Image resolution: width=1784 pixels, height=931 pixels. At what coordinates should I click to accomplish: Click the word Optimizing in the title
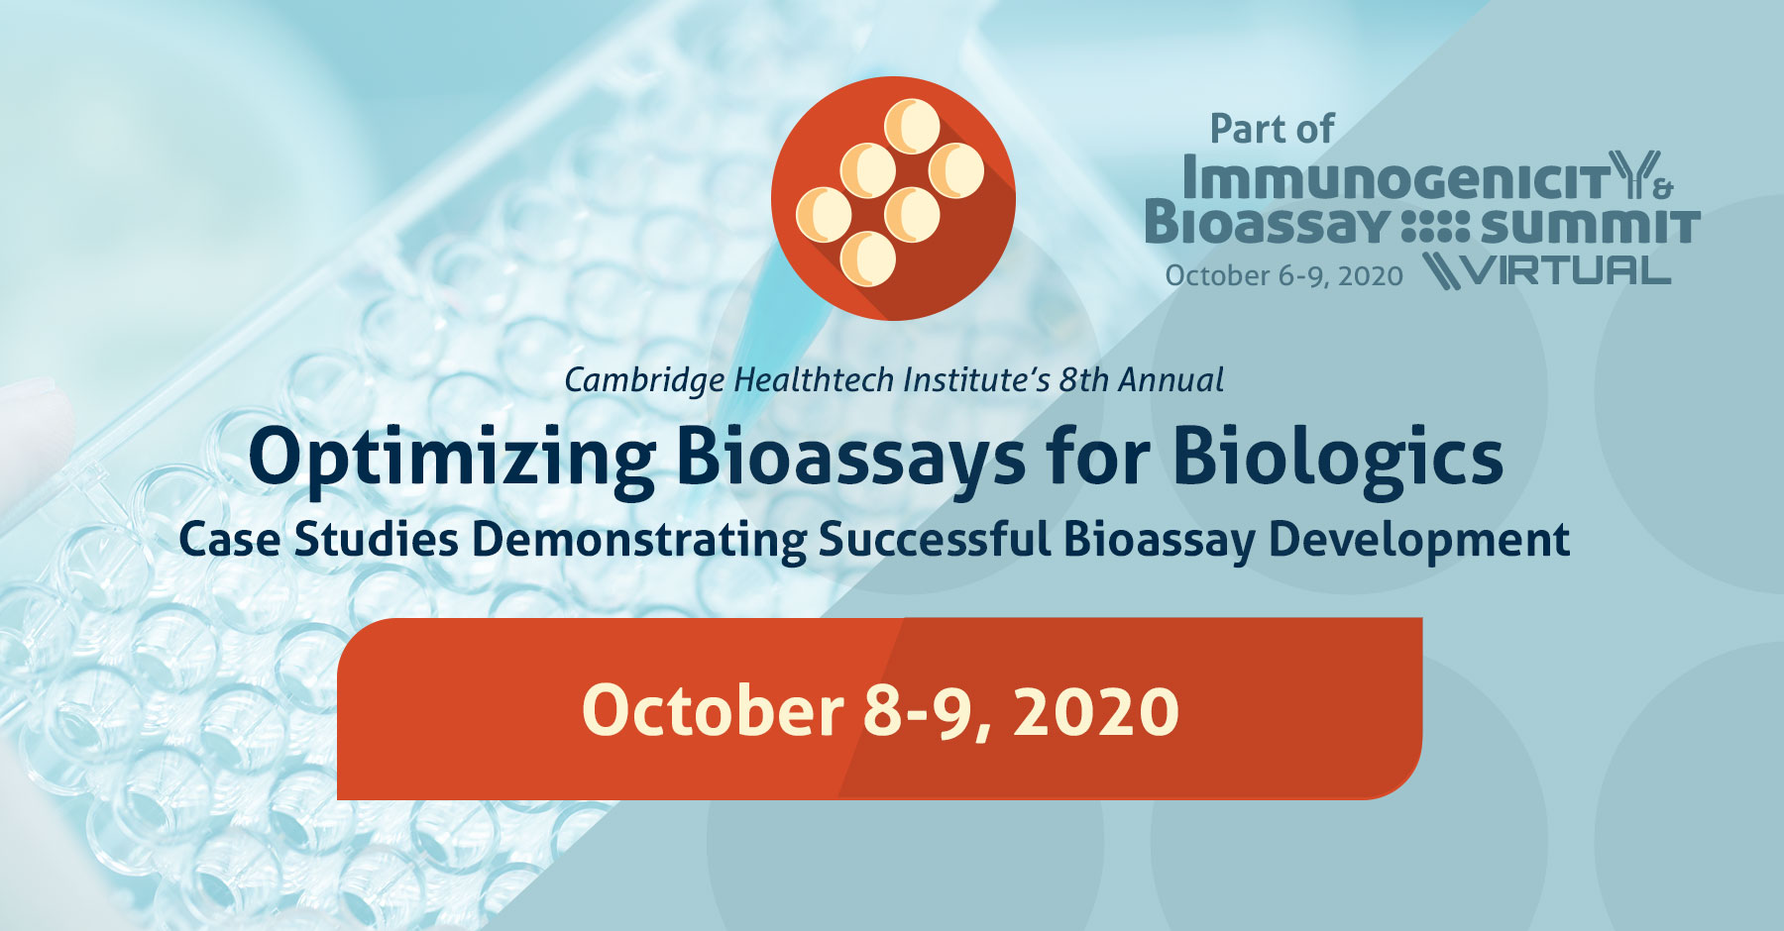pos(451,458)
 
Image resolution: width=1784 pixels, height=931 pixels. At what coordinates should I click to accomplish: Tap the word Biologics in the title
pos(1338,458)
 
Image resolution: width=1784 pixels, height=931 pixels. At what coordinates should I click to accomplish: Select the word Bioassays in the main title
pos(850,458)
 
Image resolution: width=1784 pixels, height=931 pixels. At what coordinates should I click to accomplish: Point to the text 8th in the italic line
pos(1083,380)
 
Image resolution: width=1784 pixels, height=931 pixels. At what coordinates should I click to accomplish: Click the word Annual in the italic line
pos(1171,380)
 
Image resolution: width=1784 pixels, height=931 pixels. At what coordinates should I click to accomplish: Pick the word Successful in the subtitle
pos(934,540)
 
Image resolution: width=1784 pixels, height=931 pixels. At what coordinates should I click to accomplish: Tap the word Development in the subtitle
pos(1419,540)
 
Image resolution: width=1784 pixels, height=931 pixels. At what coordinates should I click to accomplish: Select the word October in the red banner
pos(712,710)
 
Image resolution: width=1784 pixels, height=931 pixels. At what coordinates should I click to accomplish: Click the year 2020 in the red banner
pos(1096,710)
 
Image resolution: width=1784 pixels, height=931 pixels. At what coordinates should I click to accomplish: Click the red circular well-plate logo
pos(893,198)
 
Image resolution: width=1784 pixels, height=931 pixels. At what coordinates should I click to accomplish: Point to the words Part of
pos(1272,130)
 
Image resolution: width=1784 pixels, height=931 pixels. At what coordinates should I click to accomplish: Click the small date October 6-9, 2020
pos(1283,275)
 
